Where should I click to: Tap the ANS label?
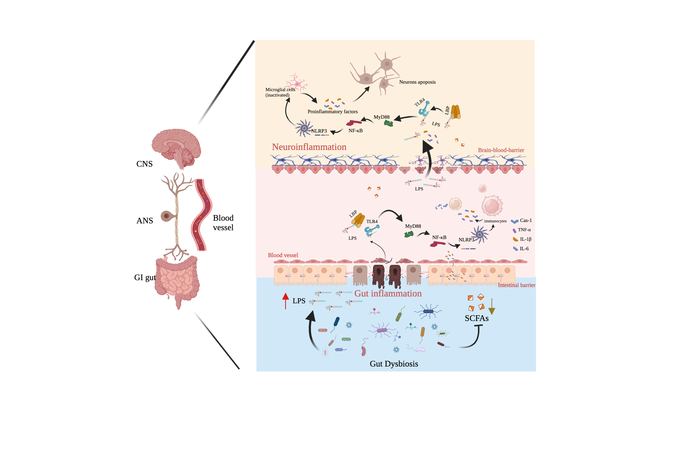pyautogui.click(x=144, y=221)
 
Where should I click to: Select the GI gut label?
pyautogui.click(x=145, y=277)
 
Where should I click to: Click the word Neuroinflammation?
pyautogui.click(x=309, y=147)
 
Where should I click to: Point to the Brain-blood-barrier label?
pyautogui.click(x=501, y=150)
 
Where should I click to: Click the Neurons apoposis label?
pyautogui.click(x=417, y=82)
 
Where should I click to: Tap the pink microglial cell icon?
pyautogui.click(x=297, y=83)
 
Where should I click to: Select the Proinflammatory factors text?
pyautogui.click(x=333, y=112)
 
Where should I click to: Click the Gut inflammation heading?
pyautogui.click(x=388, y=293)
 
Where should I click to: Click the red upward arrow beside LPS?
pyautogui.click(x=285, y=301)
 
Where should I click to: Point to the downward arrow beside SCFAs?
pyautogui.click(x=492, y=307)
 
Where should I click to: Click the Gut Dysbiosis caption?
pyautogui.click(x=394, y=364)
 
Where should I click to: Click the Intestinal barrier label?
pyautogui.click(x=516, y=285)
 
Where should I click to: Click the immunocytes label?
pyautogui.click(x=495, y=221)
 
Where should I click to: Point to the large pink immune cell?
pyautogui.click(x=492, y=206)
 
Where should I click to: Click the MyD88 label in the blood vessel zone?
pyautogui.click(x=413, y=226)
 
